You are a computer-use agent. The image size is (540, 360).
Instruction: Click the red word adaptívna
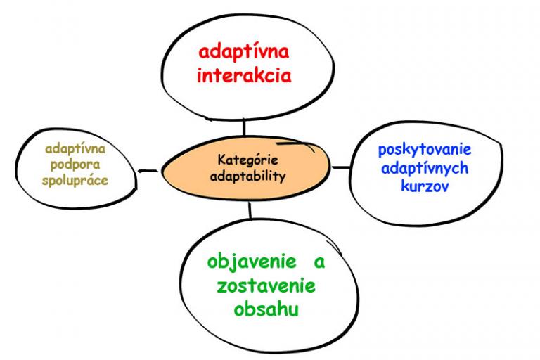[244, 53]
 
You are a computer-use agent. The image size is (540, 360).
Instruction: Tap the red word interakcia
[244, 75]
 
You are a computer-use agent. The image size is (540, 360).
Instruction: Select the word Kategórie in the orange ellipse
[247, 160]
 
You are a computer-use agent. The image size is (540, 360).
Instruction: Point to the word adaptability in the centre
[248, 176]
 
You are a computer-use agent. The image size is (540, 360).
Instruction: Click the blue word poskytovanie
[425, 150]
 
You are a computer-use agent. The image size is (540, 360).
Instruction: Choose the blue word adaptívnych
[425, 169]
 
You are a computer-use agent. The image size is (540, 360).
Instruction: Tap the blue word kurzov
[425, 186]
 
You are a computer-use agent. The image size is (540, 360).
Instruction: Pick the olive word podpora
[75, 165]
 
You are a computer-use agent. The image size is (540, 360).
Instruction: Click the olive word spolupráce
[75, 180]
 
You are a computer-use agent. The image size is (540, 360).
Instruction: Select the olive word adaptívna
[75, 149]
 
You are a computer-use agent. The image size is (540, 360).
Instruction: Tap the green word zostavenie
[266, 286]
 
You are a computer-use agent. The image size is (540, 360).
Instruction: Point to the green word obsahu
[266, 309]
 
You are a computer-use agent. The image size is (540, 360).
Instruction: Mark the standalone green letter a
[319, 262]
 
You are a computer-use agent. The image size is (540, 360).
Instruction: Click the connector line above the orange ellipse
[244, 127]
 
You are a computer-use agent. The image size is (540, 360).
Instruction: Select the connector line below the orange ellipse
[250, 210]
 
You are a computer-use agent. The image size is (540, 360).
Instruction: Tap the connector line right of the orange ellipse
[341, 167]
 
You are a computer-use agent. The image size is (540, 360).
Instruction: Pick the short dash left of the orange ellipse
[148, 171]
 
